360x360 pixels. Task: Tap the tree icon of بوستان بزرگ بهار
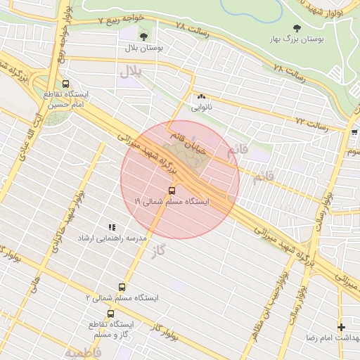[295, 29]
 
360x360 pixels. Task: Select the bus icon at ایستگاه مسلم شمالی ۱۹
[172, 191]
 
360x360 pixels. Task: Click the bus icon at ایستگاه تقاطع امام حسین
[65, 82]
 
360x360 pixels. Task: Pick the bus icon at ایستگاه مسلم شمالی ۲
[122, 288]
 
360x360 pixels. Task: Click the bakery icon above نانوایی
[202, 97]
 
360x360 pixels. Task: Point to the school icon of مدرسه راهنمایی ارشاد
[111, 227]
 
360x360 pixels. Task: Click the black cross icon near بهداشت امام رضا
[341, 327]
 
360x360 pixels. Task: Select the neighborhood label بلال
[131, 71]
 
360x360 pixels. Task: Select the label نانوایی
[201, 108]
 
